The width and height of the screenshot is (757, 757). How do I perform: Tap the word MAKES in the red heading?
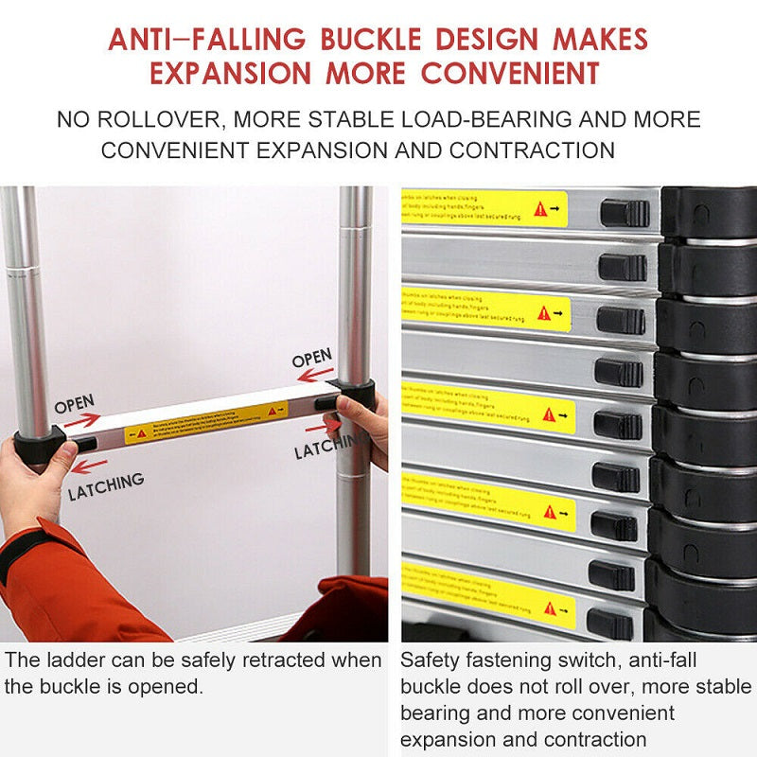click(x=600, y=40)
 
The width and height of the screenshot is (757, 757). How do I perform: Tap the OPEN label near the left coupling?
click(x=74, y=404)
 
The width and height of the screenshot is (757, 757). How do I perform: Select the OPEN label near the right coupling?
click(x=311, y=359)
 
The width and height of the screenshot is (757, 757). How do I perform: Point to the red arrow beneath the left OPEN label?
click(x=81, y=421)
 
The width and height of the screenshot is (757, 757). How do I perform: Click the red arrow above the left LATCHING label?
click(x=89, y=466)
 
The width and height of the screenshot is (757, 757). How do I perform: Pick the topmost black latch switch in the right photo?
click(x=625, y=213)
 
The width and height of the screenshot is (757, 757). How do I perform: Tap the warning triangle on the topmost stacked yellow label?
click(x=540, y=209)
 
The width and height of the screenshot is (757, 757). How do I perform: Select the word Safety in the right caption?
click(x=430, y=660)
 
